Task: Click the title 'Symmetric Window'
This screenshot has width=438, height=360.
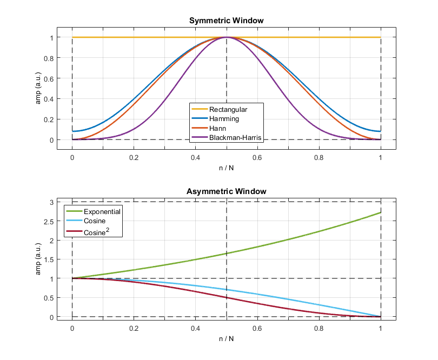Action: pos(226,21)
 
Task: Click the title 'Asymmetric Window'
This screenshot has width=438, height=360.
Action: pos(226,192)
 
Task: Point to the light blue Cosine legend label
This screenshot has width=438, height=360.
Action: pos(95,222)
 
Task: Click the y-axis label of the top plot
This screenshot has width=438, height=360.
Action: pos(39,89)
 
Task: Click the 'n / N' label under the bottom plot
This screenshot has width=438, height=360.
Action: pos(226,339)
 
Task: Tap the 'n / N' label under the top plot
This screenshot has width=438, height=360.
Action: pos(226,168)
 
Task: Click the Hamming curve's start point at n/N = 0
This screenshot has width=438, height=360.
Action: pos(72,131)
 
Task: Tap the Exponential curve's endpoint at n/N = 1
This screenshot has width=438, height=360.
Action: pos(380,212)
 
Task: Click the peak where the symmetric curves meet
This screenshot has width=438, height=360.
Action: pos(226,37)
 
